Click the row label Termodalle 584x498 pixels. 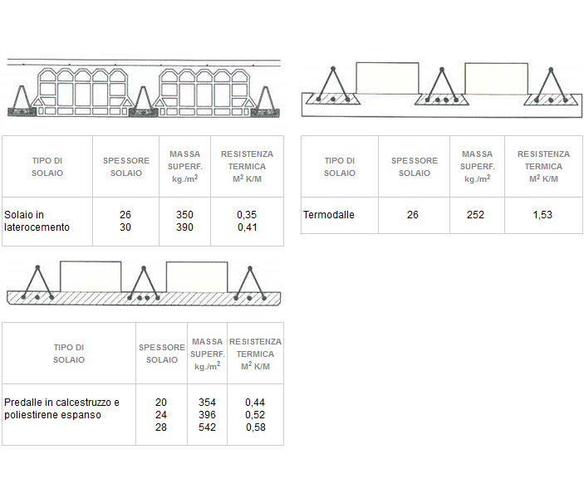(328, 215)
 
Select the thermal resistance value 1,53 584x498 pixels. (542, 215)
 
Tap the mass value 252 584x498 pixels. (475, 215)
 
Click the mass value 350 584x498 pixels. (184, 215)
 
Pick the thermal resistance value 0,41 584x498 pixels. (248, 227)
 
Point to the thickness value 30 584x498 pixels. (125, 227)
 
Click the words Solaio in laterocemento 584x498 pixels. (37, 221)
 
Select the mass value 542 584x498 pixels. (207, 427)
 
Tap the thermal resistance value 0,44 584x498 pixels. (255, 403)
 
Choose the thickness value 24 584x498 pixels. (161, 415)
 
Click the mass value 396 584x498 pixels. (207, 415)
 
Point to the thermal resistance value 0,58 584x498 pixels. (256, 427)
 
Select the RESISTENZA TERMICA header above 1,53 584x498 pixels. (543, 166)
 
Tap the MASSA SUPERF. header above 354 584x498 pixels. (208, 354)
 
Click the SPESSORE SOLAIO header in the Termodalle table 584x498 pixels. (415, 167)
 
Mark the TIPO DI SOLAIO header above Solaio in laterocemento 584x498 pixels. (47, 167)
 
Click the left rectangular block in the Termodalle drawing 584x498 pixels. (387, 78)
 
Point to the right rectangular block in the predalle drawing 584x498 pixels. (197, 277)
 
